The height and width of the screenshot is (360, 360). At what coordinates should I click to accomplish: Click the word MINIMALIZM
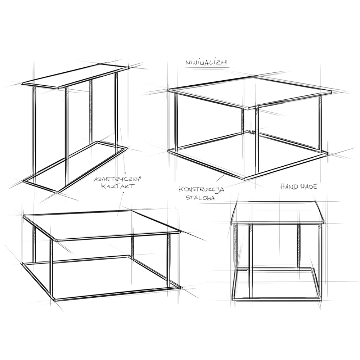(x=206, y=62)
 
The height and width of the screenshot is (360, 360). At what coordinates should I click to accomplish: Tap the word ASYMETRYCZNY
(x=117, y=179)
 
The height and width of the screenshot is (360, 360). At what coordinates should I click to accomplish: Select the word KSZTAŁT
(x=117, y=186)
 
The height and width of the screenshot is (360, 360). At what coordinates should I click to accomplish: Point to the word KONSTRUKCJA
(x=201, y=189)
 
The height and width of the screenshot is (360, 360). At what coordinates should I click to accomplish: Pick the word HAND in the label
(x=289, y=186)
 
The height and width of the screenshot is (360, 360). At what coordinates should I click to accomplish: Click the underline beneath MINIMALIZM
(x=207, y=68)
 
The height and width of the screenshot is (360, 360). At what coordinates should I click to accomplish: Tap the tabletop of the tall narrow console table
(x=75, y=76)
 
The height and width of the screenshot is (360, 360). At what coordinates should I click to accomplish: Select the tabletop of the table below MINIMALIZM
(x=249, y=93)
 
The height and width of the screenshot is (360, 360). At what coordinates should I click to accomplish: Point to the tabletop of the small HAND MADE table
(x=277, y=212)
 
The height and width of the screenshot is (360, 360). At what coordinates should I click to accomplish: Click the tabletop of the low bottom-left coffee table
(x=102, y=225)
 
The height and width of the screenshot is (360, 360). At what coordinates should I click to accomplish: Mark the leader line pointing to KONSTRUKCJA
(x=221, y=178)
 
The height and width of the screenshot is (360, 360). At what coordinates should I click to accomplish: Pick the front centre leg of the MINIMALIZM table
(x=257, y=140)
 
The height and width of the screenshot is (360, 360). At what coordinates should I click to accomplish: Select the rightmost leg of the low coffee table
(x=169, y=261)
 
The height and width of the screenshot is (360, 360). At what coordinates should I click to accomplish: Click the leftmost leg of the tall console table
(x=35, y=132)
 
